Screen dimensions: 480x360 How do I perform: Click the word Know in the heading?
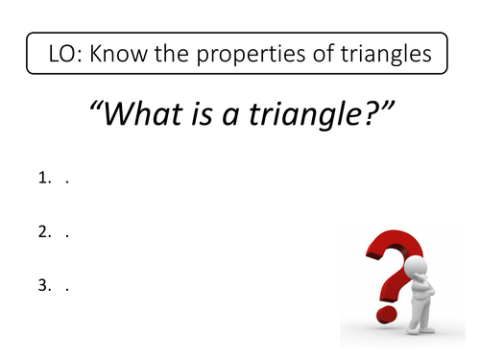(118, 53)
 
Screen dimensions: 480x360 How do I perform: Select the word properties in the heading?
(251, 55)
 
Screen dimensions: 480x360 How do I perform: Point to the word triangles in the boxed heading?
(386, 55)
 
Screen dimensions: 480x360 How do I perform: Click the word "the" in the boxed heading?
(172, 54)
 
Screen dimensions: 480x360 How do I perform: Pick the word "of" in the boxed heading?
(323, 53)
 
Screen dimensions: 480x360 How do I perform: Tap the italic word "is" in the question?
(202, 114)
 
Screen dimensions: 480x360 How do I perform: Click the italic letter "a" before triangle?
(230, 117)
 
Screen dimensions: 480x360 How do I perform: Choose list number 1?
(44, 178)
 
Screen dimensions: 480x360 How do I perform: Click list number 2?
(44, 231)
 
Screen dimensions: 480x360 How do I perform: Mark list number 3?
(44, 285)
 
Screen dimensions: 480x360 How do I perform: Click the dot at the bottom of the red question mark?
(386, 315)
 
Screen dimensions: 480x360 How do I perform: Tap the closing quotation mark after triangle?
(388, 107)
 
